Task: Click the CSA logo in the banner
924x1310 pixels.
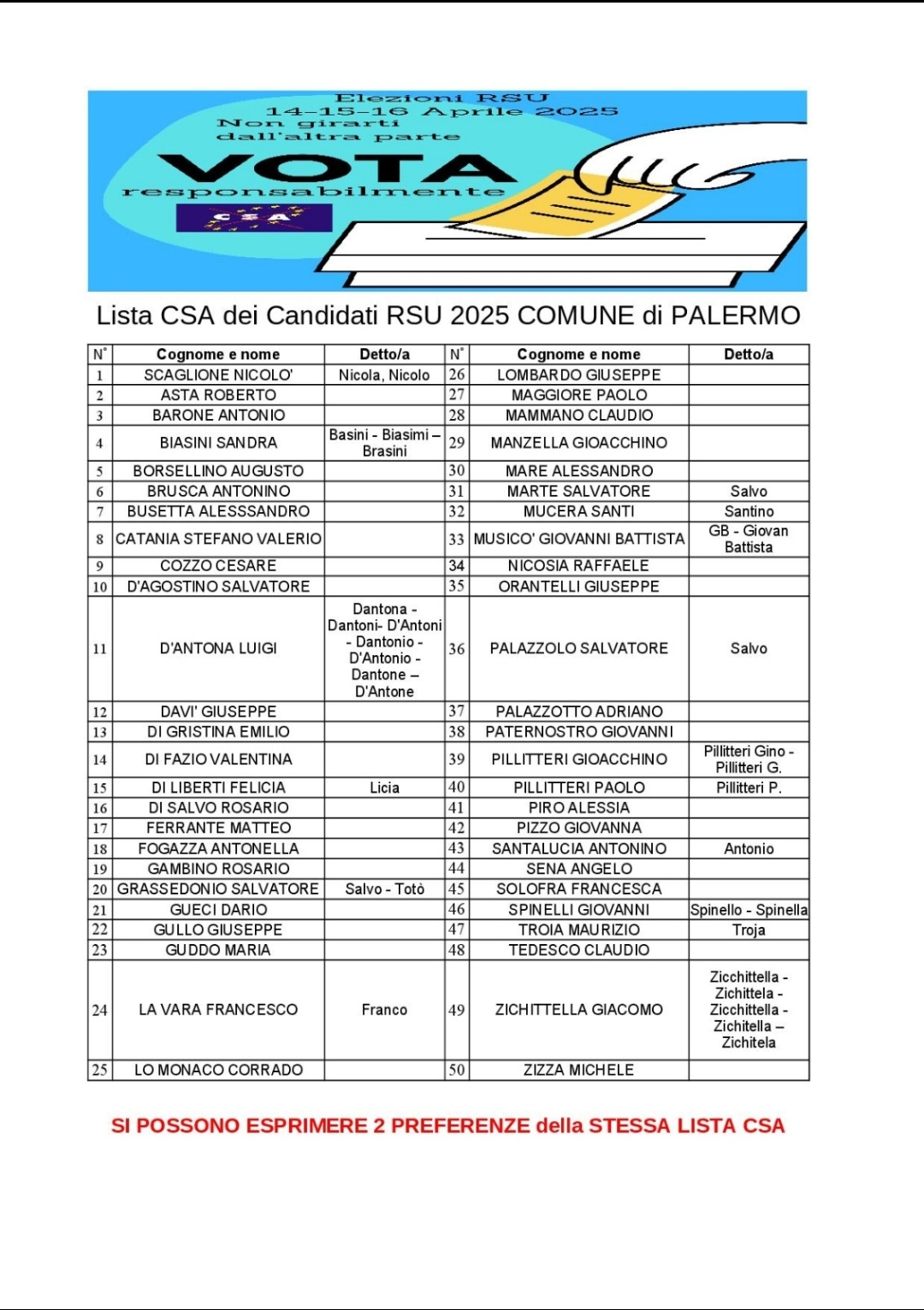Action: [x=253, y=217]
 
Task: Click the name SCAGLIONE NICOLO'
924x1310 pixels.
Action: [x=218, y=375]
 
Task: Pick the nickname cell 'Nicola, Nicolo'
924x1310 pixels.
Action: [x=384, y=375]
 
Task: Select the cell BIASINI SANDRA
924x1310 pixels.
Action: [x=218, y=442]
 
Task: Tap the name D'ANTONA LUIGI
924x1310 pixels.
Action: [x=218, y=648]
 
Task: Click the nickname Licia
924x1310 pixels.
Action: [x=384, y=788]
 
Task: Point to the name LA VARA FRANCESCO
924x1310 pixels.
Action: [x=218, y=1010]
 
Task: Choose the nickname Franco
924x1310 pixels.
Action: [x=384, y=1010]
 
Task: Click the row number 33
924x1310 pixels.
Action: [x=457, y=540]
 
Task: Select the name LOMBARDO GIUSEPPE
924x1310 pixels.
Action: [x=579, y=375]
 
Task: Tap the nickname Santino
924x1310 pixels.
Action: [x=749, y=511]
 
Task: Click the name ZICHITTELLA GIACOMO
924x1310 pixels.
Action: [x=579, y=1010]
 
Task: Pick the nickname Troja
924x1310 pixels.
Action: [x=749, y=929]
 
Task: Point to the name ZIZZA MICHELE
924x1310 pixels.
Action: [x=579, y=1070]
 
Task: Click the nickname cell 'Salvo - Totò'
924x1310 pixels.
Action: [x=384, y=889]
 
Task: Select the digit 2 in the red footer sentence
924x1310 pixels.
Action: [x=379, y=1125]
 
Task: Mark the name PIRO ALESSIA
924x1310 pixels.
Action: [x=579, y=807]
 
